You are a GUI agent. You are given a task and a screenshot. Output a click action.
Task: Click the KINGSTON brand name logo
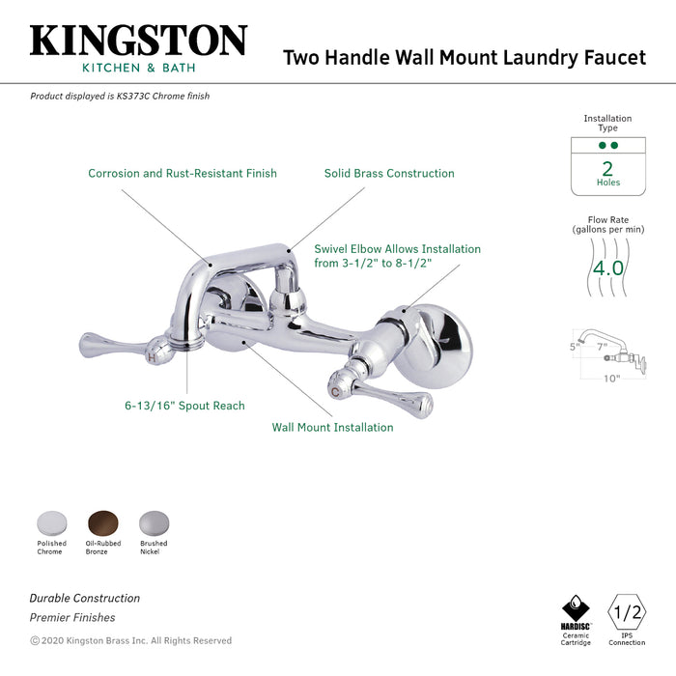(x=138, y=41)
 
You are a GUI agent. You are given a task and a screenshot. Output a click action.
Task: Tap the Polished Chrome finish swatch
(x=51, y=522)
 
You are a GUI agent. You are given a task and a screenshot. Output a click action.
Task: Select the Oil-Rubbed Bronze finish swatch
(x=102, y=522)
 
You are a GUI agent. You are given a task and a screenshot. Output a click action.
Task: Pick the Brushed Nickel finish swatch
(x=153, y=522)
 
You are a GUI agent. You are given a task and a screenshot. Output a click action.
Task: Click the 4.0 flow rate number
(x=608, y=268)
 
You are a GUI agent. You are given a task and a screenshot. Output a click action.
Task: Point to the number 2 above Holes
(x=607, y=167)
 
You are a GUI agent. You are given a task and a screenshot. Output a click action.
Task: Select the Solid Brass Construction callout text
(x=389, y=174)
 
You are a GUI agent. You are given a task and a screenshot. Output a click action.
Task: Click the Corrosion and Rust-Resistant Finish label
(x=183, y=174)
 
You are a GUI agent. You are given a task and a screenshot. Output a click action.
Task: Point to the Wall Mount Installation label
(x=332, y=427)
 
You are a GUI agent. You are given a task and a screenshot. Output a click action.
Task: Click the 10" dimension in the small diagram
(x=611, y=379)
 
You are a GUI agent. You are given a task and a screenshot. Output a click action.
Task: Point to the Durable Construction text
(x=84, y=599)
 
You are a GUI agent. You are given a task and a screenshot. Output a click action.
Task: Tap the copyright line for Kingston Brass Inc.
(x=130, y=640)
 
